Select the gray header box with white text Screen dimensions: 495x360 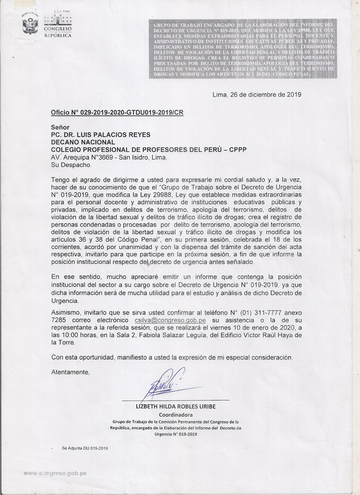click(x=243, y=49)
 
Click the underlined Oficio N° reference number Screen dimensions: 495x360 click(x=117, y=112)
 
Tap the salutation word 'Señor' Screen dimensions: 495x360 click(x=60, y=127)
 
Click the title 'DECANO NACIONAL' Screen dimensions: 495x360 click(x=83, y=143)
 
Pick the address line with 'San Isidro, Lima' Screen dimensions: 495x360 click(x=109, y=158)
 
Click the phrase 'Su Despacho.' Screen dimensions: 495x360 click(x=71, y=165)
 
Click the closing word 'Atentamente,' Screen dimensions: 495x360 click(x=70, y=372)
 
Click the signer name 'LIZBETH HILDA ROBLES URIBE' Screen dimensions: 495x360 click(x=175, y=406)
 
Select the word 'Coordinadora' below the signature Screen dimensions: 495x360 click(x=175, y=414)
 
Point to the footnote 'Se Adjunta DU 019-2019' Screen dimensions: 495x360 click(x=85, y=448)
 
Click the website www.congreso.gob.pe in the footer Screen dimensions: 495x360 click(x=55, y=473)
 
